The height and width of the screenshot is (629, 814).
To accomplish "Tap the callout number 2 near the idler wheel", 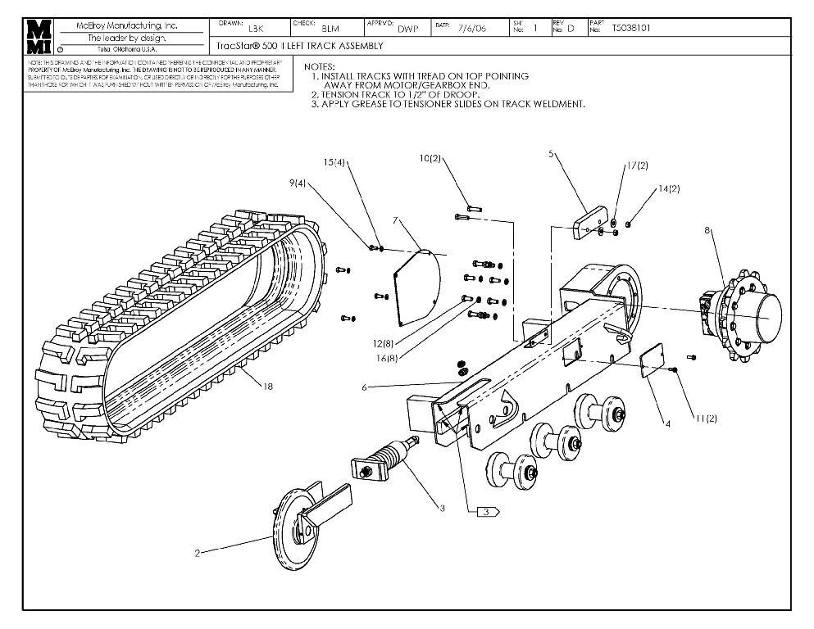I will coord(198,554).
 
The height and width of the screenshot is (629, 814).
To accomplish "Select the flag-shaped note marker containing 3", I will coord(488,511).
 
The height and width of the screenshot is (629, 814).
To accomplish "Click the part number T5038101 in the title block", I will coord(631,28).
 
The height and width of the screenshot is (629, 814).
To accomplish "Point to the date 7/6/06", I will coord(471,28).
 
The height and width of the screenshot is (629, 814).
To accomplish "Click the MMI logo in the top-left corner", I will coord(40,37).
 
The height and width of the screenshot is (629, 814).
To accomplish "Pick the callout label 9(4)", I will coord(298,184).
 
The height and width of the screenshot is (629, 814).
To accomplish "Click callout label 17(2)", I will coord(637,165).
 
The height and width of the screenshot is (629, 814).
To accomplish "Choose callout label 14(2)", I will coord(668,189).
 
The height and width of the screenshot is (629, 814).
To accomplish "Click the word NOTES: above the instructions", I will coord(319,66).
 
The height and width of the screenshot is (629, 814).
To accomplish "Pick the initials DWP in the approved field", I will coord(407,29).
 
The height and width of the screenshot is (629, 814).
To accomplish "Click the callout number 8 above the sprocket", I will coord(707,231).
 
